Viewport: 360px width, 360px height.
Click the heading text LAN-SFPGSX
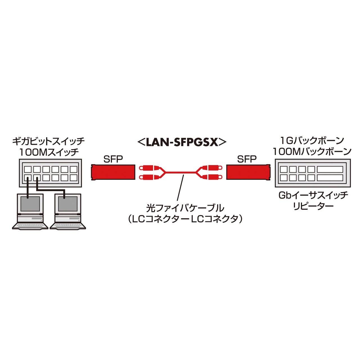tap(182, 142)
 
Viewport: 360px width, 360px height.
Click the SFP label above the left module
tap(113, 159)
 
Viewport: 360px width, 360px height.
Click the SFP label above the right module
tap(247, 159)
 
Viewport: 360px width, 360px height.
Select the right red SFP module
tap(247, 172)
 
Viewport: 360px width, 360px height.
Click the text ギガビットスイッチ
tap(48, 141)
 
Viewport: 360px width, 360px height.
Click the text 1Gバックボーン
tap(312, 140)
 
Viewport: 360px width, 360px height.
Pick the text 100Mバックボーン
tap(312, 152)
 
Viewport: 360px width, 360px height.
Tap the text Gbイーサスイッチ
tap(313, 195)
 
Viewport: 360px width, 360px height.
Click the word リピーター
tap(313, 206)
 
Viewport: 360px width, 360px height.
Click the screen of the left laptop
tap(30, 204)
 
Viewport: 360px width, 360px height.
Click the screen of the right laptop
tap(67, 204)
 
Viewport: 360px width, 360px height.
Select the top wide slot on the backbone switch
tap(330, 169)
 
